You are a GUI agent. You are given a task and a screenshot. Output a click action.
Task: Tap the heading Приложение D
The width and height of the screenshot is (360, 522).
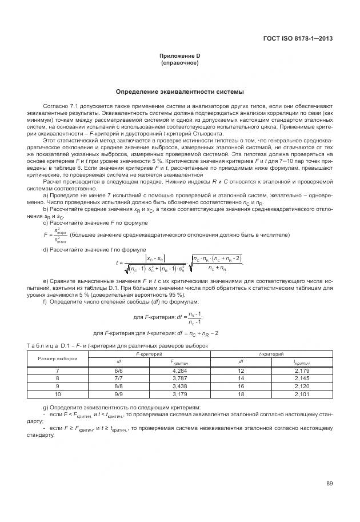(x=179, y=56)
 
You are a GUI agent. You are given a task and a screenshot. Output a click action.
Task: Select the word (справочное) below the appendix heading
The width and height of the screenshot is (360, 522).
(x=179, y=62)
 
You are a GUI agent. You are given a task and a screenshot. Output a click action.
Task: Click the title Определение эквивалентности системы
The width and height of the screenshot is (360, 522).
(x=179, y=91)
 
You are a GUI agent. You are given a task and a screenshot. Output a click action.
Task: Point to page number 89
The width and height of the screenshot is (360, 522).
(x=329, y=484)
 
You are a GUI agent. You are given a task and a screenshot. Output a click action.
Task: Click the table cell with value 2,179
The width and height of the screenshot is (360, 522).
(x=302, y=370)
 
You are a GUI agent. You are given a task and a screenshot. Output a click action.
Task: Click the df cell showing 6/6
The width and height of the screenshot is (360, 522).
(x=118, y=370)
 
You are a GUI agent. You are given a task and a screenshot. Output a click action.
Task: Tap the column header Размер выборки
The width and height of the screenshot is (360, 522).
(x=57, y=358)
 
